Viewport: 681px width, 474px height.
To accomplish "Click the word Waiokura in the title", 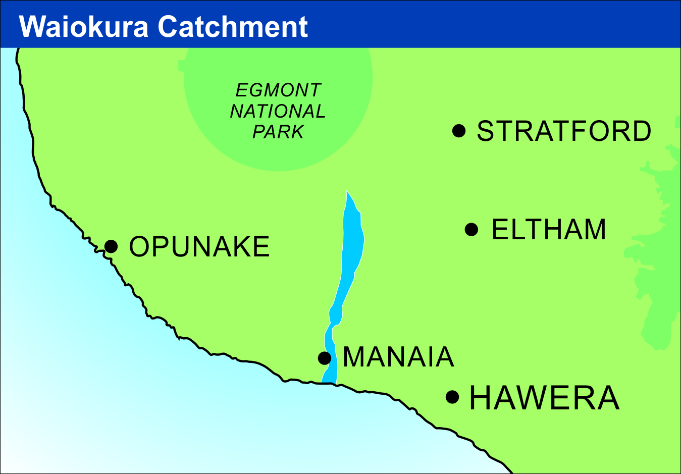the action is point(84,27).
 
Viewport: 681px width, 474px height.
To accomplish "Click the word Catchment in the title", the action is point(233,27).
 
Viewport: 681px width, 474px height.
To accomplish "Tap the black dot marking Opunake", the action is point(111,246).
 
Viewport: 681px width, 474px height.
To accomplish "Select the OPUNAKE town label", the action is point(199,247).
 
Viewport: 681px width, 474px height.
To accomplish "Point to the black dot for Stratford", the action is point(459,131).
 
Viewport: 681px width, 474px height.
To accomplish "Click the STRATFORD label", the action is point(564,131).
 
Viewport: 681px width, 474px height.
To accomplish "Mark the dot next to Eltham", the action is point(471,230).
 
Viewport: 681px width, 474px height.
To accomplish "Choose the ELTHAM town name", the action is point(549,230).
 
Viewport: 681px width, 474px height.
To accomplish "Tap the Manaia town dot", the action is point(325,358).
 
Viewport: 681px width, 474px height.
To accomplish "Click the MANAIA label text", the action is point(398,357).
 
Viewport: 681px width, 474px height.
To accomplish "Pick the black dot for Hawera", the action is point(452,397).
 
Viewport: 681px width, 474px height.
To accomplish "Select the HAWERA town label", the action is point(544,398).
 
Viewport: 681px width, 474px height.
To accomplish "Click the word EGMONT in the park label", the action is point(278,90).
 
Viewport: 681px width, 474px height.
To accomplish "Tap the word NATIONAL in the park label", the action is point(278,111).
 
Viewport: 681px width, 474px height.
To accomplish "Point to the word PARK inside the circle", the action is point(278,132).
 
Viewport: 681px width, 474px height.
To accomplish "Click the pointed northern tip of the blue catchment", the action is point(347,193).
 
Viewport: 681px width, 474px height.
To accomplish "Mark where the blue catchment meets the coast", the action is point(329,382).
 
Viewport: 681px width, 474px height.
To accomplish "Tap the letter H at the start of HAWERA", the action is point(480,398).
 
